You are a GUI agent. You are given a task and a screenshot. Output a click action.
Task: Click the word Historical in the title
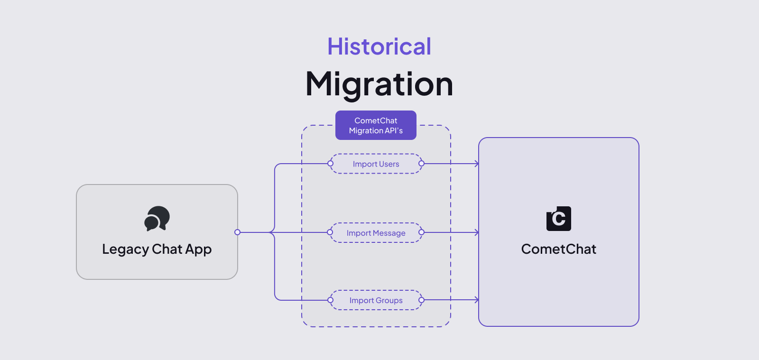pos(379,46)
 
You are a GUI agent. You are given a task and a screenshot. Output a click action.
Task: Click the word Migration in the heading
pos(379,84)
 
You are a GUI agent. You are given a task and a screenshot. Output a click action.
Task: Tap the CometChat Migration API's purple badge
pos(376,125)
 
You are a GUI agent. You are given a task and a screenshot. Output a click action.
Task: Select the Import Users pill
pos(376,164)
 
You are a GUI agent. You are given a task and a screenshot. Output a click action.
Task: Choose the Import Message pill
pos(376,233)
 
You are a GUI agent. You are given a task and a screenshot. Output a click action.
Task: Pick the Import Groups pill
pos(376,300)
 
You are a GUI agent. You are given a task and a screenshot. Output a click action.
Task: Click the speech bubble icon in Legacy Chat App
pos(157,219)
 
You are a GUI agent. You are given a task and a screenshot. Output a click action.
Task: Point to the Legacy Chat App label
pos(157,249)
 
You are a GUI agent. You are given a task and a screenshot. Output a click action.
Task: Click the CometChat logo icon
pos(559,219)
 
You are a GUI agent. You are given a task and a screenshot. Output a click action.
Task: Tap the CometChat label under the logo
pos(559,249)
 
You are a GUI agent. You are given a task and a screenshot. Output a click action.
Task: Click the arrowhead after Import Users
pos(476,164)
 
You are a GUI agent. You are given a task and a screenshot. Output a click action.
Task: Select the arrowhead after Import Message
pos(476,232)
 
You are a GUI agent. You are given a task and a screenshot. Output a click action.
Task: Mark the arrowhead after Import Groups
pos(476,300)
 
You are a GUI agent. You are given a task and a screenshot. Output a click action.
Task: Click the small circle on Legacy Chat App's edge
pos(238,232)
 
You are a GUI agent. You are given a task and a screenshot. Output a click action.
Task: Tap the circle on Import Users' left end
pos(331,164)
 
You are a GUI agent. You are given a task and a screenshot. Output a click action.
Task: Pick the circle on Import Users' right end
pos(421,164)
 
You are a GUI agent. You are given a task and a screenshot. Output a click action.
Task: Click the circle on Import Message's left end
pos(330,232)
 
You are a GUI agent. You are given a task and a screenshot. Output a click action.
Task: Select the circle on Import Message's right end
pos(421,232)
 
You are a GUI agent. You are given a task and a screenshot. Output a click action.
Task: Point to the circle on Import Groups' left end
pos(331,300)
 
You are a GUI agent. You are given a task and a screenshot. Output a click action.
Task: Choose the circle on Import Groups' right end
pos(421,300)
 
